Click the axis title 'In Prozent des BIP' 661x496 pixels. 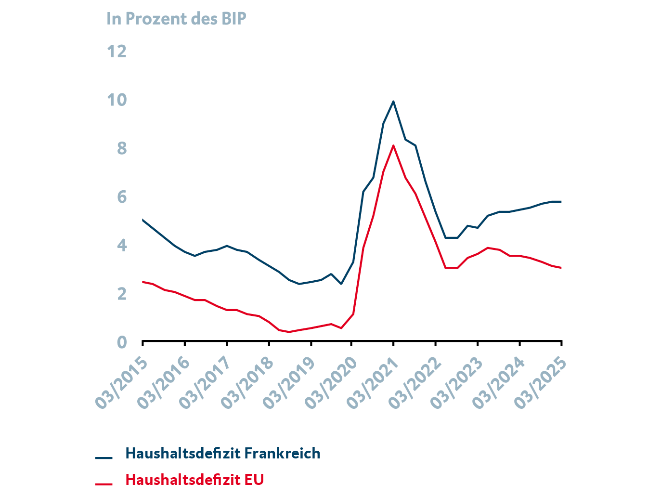176,19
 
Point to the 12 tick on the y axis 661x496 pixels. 117,51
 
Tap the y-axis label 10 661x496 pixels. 117,100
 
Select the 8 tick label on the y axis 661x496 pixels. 121,148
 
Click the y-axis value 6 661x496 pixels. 121,196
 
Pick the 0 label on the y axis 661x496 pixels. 121,342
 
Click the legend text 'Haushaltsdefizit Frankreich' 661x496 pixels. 222,454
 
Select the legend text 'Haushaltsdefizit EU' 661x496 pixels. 194,480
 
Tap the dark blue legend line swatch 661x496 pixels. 104,457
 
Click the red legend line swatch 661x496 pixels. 104,483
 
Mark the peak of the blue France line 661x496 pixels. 393,101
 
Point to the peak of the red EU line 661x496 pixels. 393,145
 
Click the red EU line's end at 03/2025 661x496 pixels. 561,268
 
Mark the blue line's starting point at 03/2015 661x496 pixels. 143,220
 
